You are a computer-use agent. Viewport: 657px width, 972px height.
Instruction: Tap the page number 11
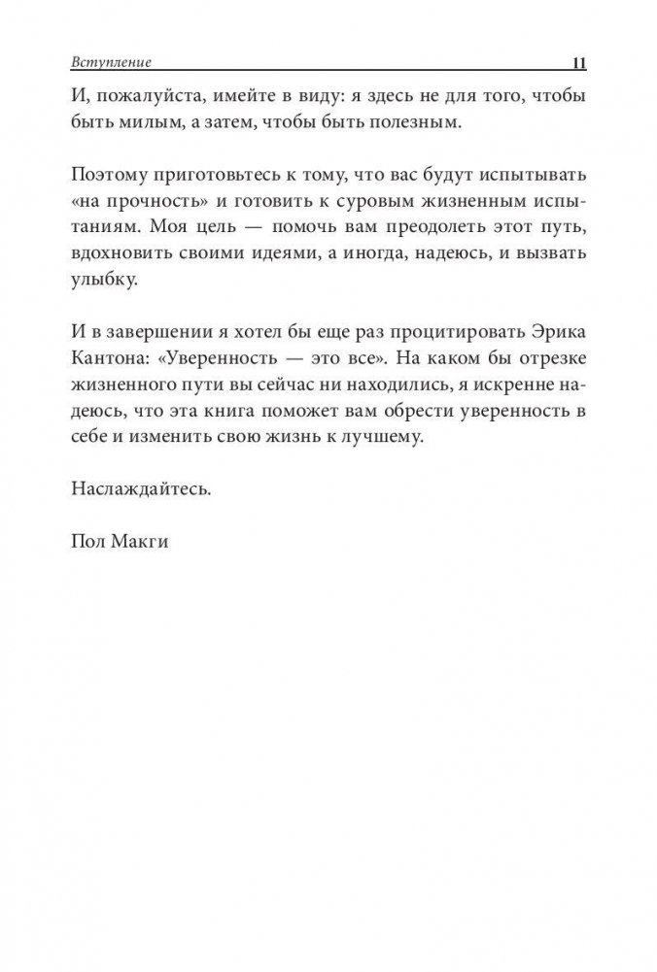tap(575, 65)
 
